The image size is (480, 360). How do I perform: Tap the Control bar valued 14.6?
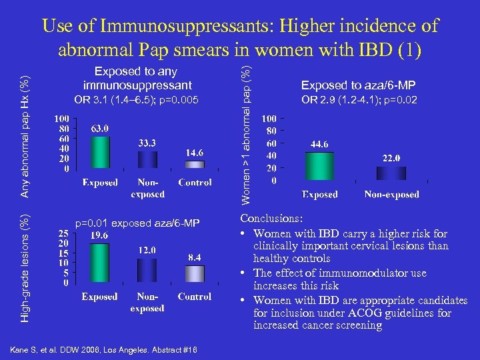194,166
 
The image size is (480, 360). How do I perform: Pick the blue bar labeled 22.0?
391,173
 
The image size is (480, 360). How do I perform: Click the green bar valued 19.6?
99,262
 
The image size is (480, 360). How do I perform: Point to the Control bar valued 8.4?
194,273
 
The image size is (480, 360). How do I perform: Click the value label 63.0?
100,128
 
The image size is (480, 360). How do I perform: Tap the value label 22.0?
391,158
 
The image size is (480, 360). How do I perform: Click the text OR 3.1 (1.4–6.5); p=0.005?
137,99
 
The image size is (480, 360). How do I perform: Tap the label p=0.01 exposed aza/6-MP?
137,223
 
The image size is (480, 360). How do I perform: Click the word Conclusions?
271,219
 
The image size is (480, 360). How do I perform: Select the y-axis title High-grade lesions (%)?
25,269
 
